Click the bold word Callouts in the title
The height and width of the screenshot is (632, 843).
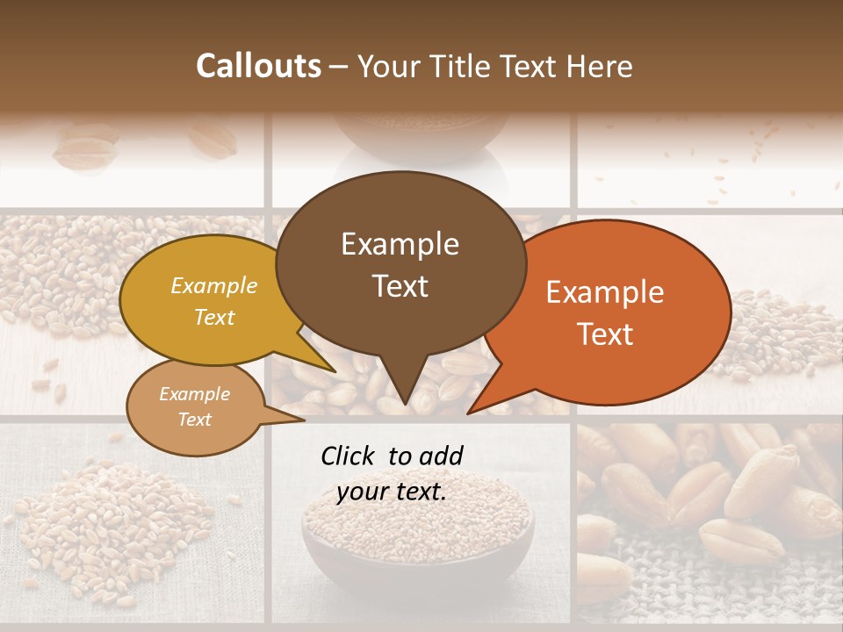pos(258,66)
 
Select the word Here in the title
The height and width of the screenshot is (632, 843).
pos(597,66)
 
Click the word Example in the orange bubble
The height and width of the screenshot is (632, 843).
pos(605,292)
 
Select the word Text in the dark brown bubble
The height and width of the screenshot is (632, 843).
pos(400,286)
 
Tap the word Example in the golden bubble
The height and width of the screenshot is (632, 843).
pos(214,285)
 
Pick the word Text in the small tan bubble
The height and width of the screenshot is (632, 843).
pos(195,420)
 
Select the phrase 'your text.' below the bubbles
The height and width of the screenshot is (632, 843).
pos(392,492)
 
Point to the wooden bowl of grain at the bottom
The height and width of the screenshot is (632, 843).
pos(418,535)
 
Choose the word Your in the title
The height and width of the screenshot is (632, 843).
pos(390,66)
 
